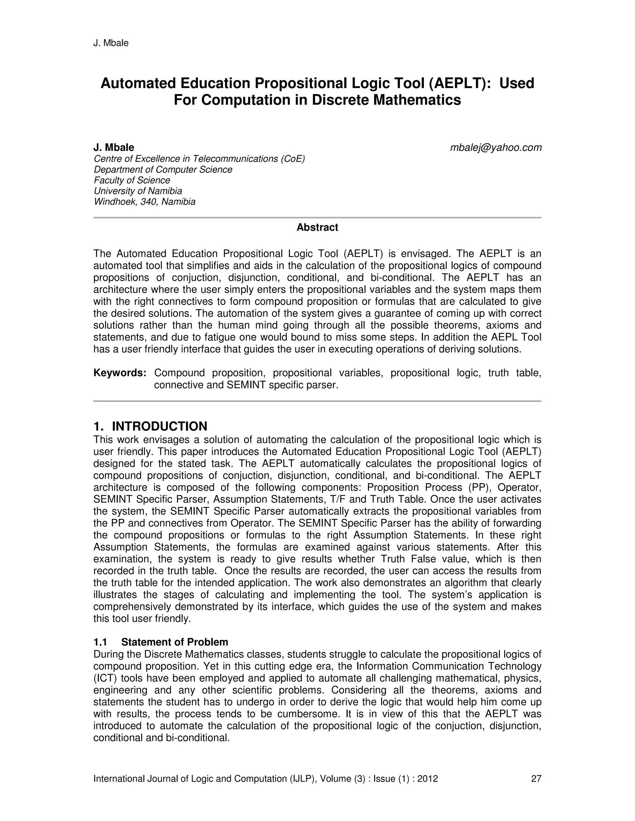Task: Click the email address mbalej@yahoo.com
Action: coord(496,148)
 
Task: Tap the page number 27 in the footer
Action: coord(536,779)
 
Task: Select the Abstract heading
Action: coord(317,227)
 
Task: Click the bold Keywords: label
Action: coord(120,373)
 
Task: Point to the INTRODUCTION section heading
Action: coord(159,426)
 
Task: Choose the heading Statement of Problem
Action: coord(175,642)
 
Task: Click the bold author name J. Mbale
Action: coord(113,147)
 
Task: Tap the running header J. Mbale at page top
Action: coord(111,43)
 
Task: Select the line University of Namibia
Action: coord(138,191)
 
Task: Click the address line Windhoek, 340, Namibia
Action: coord(144,202)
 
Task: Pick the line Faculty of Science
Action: coord(132,180)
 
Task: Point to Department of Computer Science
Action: coord(163,169)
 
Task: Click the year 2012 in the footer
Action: coord(428,779)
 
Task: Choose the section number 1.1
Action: coord(100,642)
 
